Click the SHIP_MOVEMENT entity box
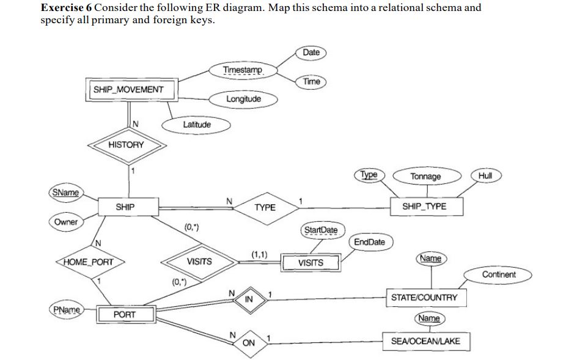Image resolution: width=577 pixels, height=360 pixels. click(x=128, y=89)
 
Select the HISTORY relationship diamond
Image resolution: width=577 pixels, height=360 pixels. click(x=126, y=145)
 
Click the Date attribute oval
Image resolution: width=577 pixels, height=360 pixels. click(x=311, y=53)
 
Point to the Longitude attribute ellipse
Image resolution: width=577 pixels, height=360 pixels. click(x=243, y=98)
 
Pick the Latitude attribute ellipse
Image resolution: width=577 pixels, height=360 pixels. click(x=196, y=125)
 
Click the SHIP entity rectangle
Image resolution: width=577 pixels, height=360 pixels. click(x=125, y=207)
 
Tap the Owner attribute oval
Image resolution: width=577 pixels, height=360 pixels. click(x=66, y=222)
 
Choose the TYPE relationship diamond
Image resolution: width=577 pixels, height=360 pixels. click(x=265, y=208)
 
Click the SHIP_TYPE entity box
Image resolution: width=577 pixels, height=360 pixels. click(x=424, y=207)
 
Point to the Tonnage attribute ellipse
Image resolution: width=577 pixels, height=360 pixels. click(x=425, y=177)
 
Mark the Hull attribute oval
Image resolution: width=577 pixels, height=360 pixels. click(x=486, y=175)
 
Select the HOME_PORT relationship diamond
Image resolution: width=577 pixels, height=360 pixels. click(x=89, y=262)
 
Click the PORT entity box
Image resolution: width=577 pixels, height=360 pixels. click(x=125, y=314)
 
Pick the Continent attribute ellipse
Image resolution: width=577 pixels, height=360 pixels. click(x=498, y=274)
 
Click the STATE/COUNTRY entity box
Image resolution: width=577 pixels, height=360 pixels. click(x=424, y=297)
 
